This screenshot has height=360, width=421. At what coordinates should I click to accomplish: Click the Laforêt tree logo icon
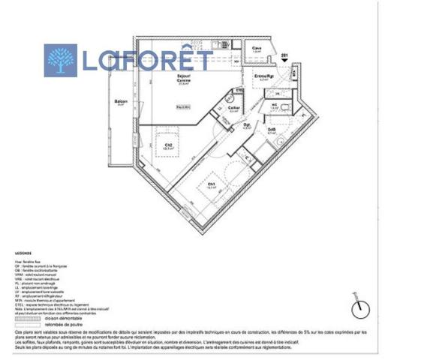pyautogui.click(x=61, y=60)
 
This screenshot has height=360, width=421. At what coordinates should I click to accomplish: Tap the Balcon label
pyautogui.click(x=120, y=102)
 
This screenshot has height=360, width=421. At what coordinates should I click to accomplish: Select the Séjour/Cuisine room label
pyautogui.click(x=162, y=79)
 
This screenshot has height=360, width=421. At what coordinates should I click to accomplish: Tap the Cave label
pyautogui.click(x=257, y=49)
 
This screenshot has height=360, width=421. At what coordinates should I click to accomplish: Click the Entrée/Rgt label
pyautogui.click(x=263, y=77)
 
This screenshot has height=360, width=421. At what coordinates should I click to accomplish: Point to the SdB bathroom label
pyautogui.click(x=272, y=130)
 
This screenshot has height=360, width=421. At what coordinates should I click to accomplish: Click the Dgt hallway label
pyautogui.click(x=247, y=125)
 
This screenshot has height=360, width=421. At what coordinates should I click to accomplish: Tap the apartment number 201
pyautogui.click(x=284, y=55)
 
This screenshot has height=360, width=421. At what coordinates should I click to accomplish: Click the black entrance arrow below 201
pyautogui.click(x=284, y=63)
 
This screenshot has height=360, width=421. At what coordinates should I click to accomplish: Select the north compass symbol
pyautogui.click(x=360, y=308)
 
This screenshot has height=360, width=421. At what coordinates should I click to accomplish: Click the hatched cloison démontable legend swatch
pyautogui.click(x=27, y=314)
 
